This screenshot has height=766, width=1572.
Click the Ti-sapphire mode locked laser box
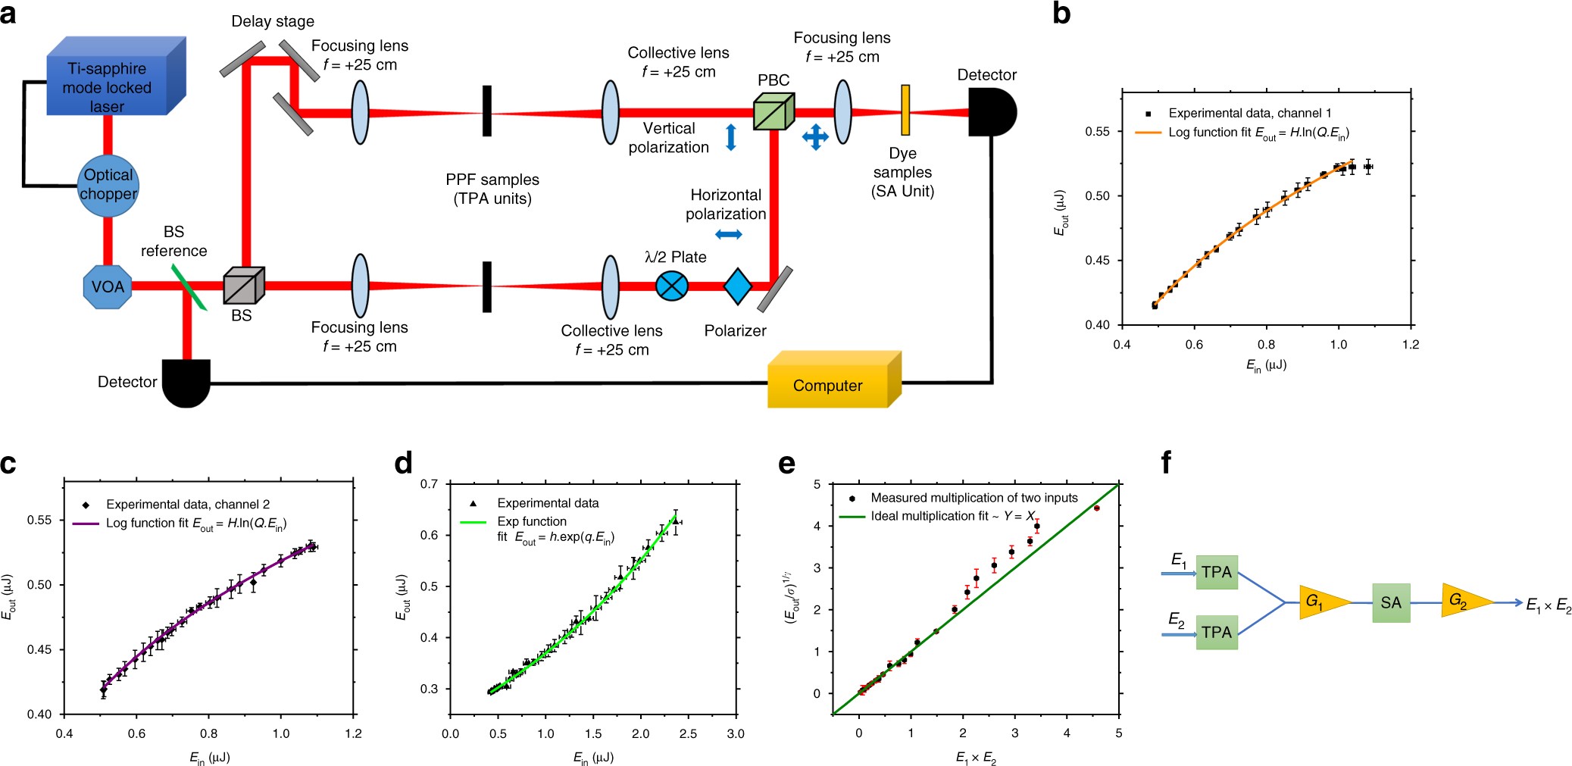(114, 80)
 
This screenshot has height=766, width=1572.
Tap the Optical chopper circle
(108, 185)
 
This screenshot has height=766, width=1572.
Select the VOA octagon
(108, 286)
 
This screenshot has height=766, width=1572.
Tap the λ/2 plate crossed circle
(671, 286)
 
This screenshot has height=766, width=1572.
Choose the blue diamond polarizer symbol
(738, 286)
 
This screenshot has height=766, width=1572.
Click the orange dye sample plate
(905, 110)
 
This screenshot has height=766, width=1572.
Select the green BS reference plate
(189, 286)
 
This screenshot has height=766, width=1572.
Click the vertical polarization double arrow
(731, 137)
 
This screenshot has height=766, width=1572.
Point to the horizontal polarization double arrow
(728, 235)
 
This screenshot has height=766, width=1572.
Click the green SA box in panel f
(1391, 602)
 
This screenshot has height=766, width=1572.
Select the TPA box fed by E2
(1217, 632)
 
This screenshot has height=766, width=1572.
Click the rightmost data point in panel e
(1096, 508)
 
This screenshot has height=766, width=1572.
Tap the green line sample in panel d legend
(473, 522)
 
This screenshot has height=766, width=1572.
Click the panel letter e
(787, 464)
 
